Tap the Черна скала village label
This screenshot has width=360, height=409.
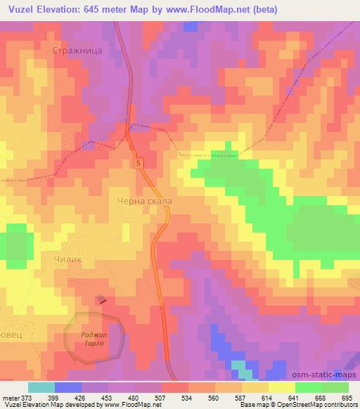144,200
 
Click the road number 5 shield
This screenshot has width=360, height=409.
140,163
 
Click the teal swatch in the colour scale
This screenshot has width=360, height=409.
41,387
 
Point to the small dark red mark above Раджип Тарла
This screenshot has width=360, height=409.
103,301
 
